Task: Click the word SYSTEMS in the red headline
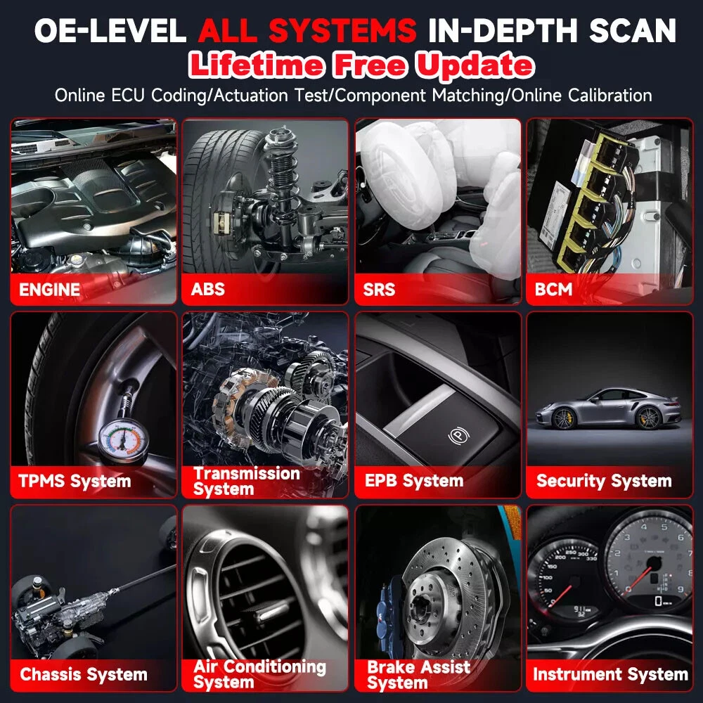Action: pyautogui.click(x=342, y=30)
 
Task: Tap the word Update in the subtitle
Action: pyautogui.click(x=475, y=65)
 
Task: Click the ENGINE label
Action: pyautogui.click(x=49, y=289)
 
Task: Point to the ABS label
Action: pyautogui.click(x=207, y=289)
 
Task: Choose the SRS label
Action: pyautogui.click(x=379, y=289)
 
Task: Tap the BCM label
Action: pyautogui.click(x=553, y=289)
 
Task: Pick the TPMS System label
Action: pyautogui.click(x=75, y=481)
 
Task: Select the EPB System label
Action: pyautogui.click(x=414, y=481)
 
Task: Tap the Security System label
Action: pyautogui.click(x=604, y=481)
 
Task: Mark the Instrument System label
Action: pyautogui.click(x=610, y=674)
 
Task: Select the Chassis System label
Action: pyautogui.click(x=84, y=674)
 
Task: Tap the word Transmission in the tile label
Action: pyautogui.click(x=247, y=473)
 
